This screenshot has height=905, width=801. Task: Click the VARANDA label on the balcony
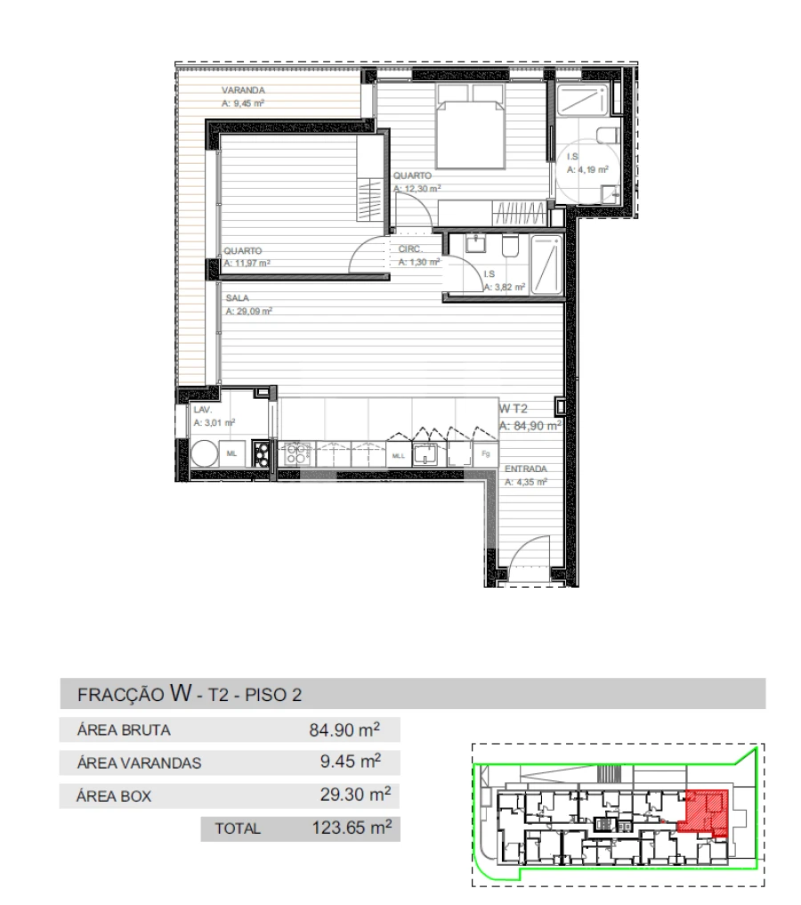tap(243, 91)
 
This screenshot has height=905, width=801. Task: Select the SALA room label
tap(237, 298)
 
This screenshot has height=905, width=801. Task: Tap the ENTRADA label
tap(525, 469)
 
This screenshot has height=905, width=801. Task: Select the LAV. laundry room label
tap(202, 411)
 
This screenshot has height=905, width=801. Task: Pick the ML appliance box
tap(232, 453)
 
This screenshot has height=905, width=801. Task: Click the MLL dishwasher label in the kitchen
tap(398, 455)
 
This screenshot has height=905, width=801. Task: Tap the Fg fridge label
tap(486, 454)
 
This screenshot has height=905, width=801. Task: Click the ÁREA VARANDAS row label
tap(139, 763)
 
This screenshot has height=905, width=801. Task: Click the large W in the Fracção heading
tap(181, 692)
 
